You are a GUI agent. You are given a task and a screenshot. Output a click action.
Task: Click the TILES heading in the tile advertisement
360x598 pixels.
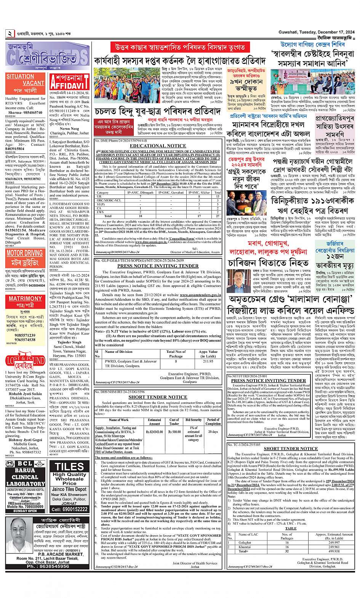point(69,467)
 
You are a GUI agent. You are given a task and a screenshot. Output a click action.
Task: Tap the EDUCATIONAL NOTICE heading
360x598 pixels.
point(158,146)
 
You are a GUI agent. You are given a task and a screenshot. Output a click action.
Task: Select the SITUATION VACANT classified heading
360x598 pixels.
point(25,80)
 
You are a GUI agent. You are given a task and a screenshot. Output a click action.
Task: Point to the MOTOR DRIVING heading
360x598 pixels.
point(25,253)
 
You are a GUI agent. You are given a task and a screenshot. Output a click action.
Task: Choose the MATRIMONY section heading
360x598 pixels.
point(25,298)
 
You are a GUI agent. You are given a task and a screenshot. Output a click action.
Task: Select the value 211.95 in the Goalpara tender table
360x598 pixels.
point(208,361)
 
